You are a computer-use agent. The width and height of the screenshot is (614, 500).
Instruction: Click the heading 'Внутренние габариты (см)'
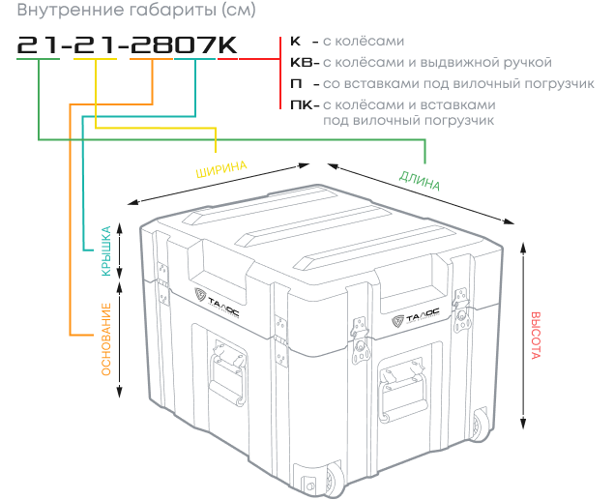(x=136, y=10)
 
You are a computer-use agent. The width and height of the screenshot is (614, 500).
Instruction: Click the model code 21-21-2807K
(x=128, y=45)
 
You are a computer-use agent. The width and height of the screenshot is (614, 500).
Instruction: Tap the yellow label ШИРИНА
(x=221, y=169)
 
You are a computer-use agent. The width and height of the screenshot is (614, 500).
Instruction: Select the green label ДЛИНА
(x=420, y=181)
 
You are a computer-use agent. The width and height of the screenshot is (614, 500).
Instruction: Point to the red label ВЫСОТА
(x=536, y=336)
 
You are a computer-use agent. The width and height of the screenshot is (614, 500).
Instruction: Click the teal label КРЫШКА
(x=106, y=251)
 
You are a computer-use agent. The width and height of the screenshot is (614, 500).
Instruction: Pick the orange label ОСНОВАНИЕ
(x=106, y=339)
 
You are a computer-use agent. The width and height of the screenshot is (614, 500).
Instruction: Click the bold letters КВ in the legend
(x=302, y=63)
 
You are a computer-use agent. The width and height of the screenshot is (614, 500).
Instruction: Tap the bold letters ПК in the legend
(x=302, y=105)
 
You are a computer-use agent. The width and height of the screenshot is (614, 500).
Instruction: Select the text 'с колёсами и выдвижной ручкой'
(x=437, y=63)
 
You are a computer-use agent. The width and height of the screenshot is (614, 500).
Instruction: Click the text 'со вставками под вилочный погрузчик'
(x=458, y=84)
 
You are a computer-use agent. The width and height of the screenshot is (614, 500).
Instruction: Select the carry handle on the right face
(x=403, y=392)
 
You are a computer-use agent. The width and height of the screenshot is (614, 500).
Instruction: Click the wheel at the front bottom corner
(x=333, y=482)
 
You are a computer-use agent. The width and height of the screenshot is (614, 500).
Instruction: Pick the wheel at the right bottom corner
(x=481, y=426)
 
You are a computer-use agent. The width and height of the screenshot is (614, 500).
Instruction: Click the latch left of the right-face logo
(x=360, y=339)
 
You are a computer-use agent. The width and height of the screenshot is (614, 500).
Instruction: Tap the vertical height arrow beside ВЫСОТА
(x=523, y=336)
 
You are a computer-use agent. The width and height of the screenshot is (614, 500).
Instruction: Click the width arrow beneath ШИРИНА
(x=219, y=184)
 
